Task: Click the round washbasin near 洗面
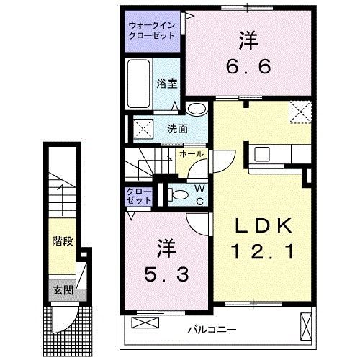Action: pos(195,109)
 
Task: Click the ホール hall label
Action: pos(190,154)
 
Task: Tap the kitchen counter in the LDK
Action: pos(280,155)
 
